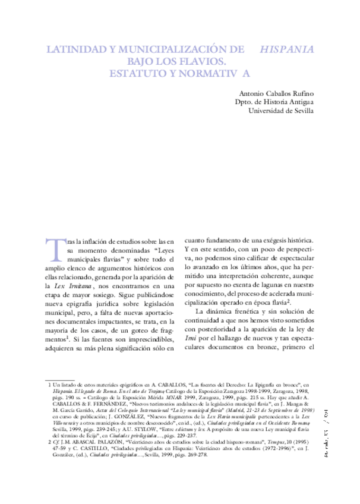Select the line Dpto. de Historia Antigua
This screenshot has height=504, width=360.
(x=274, y=102)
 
